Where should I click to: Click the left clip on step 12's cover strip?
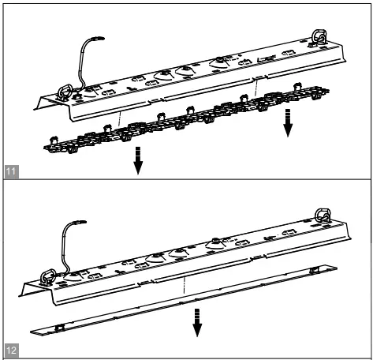(61, 326)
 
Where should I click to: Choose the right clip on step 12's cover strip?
(314, 271)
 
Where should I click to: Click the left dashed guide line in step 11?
(119, 114)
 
